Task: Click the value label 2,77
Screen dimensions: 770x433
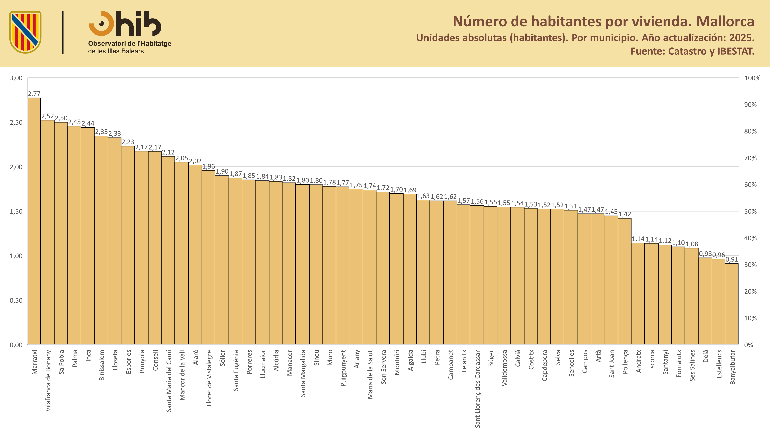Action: (34, 94)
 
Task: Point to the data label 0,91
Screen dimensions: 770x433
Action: (732, 259)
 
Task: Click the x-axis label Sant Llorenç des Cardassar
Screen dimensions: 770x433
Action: (477, 389)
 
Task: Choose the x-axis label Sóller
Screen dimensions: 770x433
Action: (222, 358)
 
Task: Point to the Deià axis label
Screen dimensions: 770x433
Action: (706, 356)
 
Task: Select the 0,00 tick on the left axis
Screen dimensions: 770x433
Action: (16, 345)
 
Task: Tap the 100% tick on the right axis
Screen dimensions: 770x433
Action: (752, 78)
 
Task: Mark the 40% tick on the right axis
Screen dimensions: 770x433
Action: (751, 238)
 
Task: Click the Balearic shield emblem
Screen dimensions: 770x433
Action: (25, 32)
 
